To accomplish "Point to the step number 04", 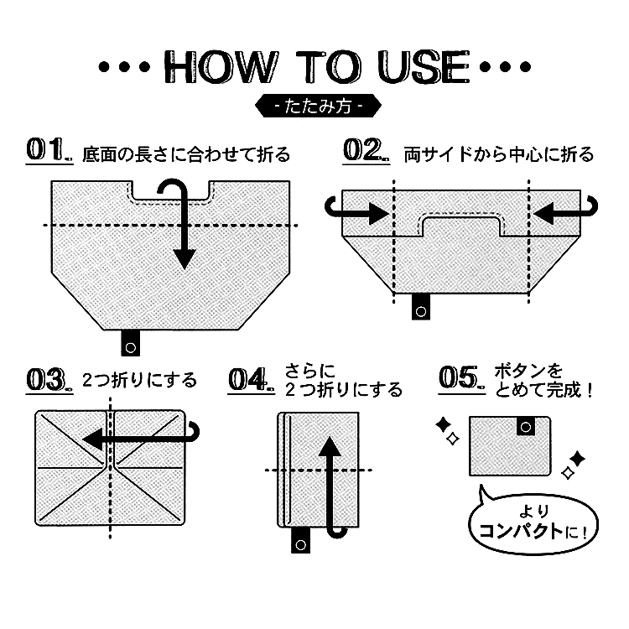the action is (x=251, y=379).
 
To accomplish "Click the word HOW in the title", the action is (x=221, y=67).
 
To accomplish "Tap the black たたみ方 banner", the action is (x=318, y=106).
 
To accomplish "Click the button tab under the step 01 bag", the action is (x=130, y=343).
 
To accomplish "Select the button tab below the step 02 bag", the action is (x=421, y=307).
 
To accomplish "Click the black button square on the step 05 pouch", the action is (x=526, y=426).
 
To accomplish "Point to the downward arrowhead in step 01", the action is (x=185, y=259).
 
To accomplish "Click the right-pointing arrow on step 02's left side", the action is (x=356, y=211).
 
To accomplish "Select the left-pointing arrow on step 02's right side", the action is (x=565, y=211).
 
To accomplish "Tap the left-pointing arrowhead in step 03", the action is (x=91, y=439).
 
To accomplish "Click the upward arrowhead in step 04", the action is (x=330, y=446).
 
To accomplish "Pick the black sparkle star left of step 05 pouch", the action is (x=444, y=424).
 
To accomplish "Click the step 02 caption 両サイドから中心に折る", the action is (x=499, y=154).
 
